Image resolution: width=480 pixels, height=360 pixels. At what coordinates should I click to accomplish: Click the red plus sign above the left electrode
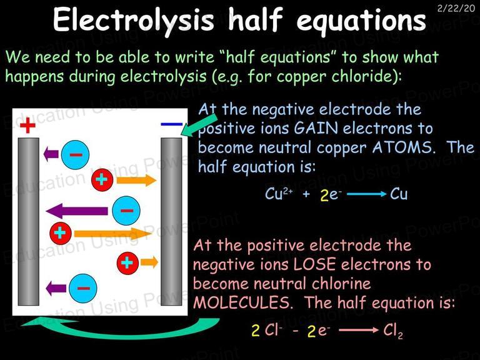coord(27,125)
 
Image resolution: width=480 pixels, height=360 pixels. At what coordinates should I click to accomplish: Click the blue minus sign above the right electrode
coord(171,124)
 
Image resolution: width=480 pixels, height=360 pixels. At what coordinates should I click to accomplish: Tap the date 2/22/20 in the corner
coord(456,8)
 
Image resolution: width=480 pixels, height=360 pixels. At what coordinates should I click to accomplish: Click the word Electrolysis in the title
coord(133,20)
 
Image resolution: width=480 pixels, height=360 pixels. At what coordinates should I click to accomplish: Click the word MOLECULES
coord(241,302)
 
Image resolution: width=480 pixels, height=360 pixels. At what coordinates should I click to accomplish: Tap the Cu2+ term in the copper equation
coord(279,194)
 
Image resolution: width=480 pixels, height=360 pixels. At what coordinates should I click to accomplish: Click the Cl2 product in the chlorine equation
coord(393,331)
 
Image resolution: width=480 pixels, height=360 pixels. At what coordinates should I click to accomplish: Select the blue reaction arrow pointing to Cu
coord(367,194)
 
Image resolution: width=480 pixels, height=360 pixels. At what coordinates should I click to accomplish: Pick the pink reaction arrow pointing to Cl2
coord(359,330)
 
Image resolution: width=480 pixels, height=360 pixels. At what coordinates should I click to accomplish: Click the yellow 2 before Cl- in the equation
coord(256,331)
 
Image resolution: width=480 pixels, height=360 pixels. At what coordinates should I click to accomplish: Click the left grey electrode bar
coord(29,221)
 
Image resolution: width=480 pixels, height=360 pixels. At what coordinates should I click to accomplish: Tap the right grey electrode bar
coord(171,221)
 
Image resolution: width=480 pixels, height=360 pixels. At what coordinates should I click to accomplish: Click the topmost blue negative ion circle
coord(75,154)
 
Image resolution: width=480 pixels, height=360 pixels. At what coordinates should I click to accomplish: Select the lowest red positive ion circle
coord(127,263)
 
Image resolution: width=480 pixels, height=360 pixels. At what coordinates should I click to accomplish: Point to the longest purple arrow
coord(77,211)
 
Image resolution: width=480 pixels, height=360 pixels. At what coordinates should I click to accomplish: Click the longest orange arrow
coord(112,234)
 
